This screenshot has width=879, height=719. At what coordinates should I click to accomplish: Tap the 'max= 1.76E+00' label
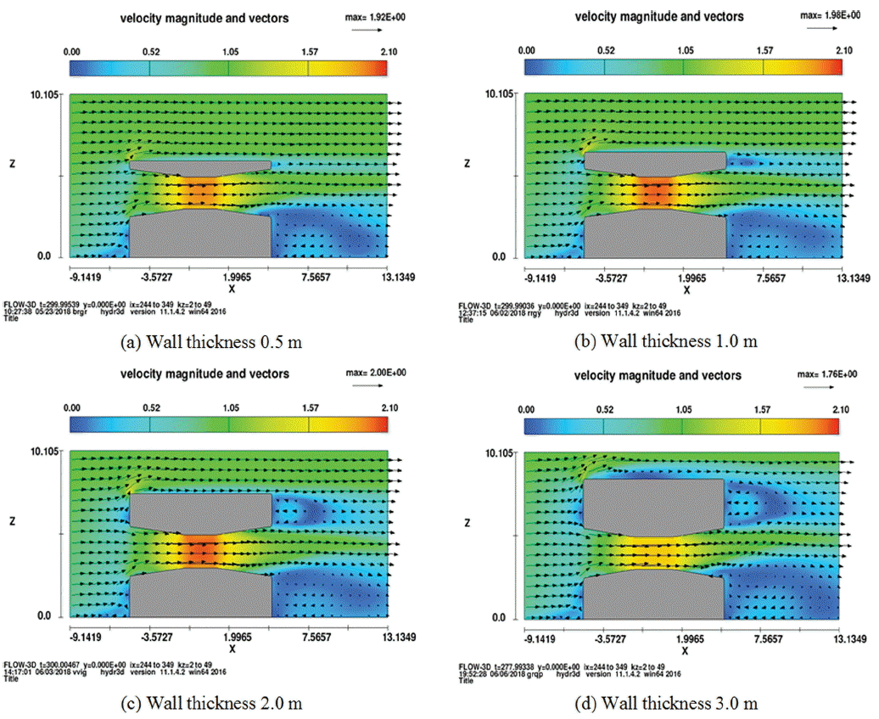[x=829, y=374]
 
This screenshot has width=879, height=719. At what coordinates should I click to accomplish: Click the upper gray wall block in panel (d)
[x=653, y=508]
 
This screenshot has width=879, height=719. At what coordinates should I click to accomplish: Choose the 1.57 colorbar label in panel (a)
[x=307, y=51]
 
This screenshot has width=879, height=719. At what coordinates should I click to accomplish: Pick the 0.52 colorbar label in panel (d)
[x=604, y=409]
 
